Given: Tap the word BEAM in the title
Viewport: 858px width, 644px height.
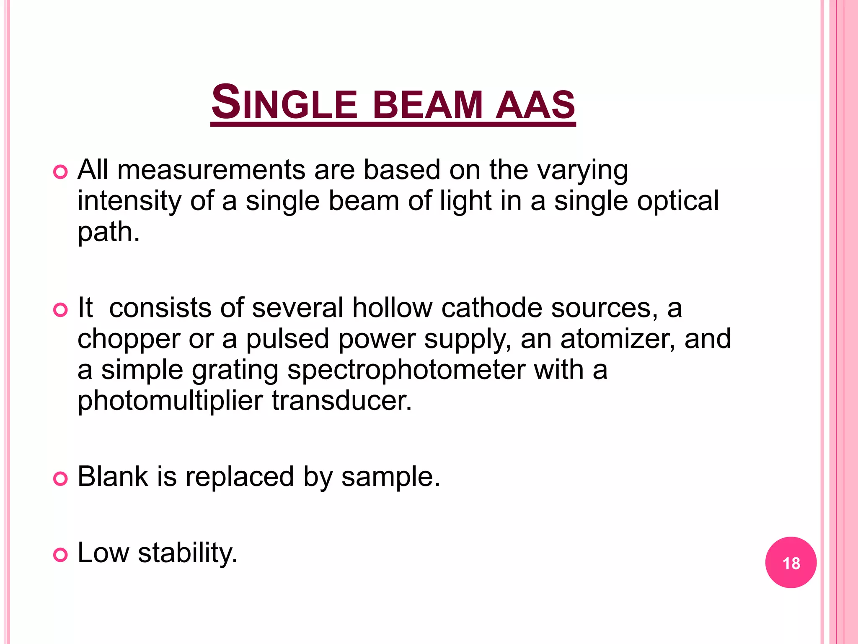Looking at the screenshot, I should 428,104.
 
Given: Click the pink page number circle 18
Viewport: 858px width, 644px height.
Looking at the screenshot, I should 791,562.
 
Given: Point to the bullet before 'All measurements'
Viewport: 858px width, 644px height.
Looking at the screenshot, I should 61,172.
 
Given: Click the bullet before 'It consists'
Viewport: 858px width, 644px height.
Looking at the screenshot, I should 61,310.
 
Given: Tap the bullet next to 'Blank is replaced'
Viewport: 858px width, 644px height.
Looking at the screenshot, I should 61,478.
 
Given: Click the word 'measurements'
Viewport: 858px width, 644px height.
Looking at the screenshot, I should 211,170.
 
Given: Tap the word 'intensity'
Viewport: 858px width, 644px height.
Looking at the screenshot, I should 129,201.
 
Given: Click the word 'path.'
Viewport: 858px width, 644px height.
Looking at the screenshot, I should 109,232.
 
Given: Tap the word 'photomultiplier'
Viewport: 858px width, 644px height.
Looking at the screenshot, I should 170,402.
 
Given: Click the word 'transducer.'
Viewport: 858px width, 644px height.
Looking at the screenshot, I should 342,401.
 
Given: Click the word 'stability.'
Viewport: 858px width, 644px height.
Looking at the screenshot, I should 188,553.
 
